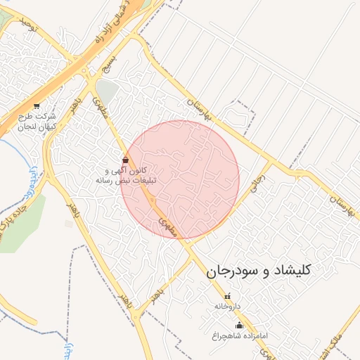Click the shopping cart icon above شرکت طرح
[x=37, y=106]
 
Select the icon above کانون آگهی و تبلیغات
[x=125, y=160]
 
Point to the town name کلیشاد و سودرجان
[x=259, y=270]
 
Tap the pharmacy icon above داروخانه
[x=227, y=295]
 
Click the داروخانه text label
[x=227, y=307]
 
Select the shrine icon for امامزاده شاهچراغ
[x=239, y=325]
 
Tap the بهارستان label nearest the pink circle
[x=200, y=108]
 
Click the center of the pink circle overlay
[x=180, y=179]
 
